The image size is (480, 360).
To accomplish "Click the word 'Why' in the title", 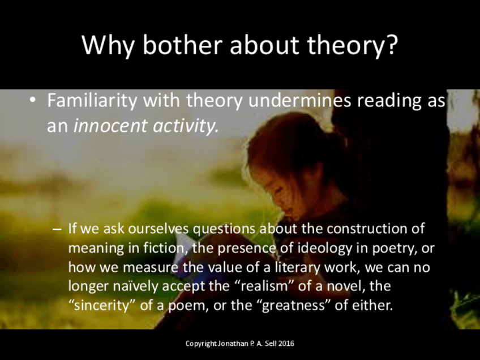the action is pos(108,45).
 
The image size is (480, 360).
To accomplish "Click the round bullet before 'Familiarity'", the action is pos(32,100).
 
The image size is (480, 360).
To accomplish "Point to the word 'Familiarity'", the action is pos(92,100).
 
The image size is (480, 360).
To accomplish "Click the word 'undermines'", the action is pos(299,100).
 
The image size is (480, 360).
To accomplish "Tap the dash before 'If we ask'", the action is pos(57,229).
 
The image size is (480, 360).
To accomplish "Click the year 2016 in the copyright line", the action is pos(286,344).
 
